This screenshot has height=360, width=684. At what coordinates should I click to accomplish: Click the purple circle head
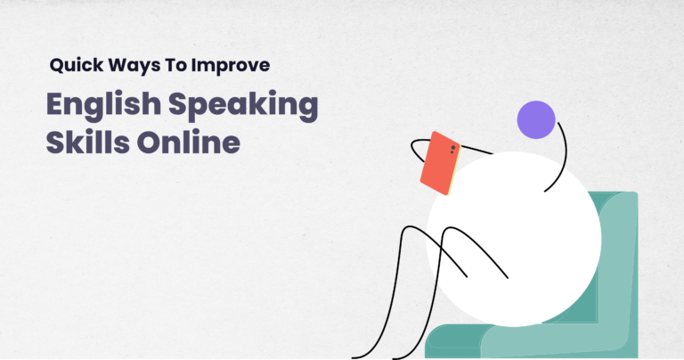(536, 119)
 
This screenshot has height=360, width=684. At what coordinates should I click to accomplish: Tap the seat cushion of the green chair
(463, 339)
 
